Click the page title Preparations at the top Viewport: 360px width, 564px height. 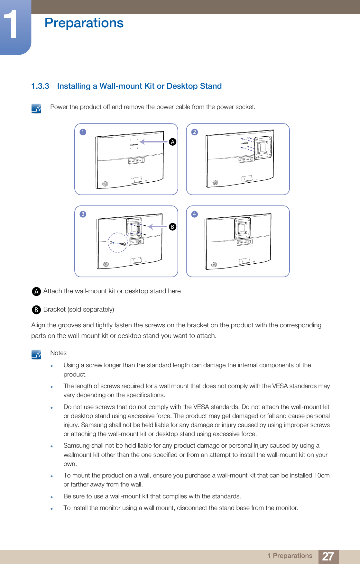[x=84, y=23]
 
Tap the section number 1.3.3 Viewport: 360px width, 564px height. [x=40, y=86]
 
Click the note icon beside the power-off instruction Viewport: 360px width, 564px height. [x=36, y=108]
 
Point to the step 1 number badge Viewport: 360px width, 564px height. [x=83, y=132]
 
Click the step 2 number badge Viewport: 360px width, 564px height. [x=195, y=132]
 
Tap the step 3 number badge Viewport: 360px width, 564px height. [x=83, y=214]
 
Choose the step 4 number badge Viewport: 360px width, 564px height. [x=195, y=214]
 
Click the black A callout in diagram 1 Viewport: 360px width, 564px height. [x=173, y=142]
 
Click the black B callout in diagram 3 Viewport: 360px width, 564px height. [x=173, y=227]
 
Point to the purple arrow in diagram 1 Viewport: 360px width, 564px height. [x=153, y=142]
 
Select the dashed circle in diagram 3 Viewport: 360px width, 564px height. [x=118, y=242]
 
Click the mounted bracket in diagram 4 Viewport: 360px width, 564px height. [x=243, y=228]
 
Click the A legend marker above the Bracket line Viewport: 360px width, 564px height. [x=36, y=291]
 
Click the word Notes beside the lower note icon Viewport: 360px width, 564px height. [x=59, y=353]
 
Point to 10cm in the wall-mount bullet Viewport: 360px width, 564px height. [x=322, y=475]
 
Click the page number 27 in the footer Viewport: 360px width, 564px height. [x=328, y=556]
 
